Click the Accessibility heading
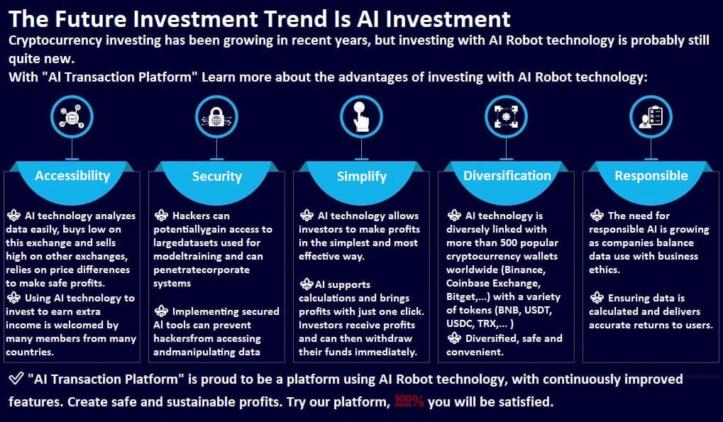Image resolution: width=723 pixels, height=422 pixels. tap(72, 176)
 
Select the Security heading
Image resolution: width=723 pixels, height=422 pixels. tap(216, 177)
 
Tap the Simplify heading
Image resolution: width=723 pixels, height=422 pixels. tap(362, 177)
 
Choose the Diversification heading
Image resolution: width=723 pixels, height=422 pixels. tap(507, 175)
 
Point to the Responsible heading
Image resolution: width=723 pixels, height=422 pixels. tap(651, 175)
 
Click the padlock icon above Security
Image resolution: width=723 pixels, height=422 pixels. tap(216, 117)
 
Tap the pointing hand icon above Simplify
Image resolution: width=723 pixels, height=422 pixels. tap(361, 117)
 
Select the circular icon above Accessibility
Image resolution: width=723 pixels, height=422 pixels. tap(72, 117)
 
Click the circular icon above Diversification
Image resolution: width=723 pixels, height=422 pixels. tap(507, 117)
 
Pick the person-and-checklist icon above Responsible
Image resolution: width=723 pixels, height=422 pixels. tap(651, 117)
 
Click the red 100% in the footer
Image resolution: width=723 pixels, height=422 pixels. tap(409, 401)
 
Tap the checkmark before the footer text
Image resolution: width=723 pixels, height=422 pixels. tap(16, 379)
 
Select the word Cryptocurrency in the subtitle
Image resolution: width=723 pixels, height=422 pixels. tap(55, 40)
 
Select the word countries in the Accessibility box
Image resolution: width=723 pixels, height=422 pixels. tap(30, 352)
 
